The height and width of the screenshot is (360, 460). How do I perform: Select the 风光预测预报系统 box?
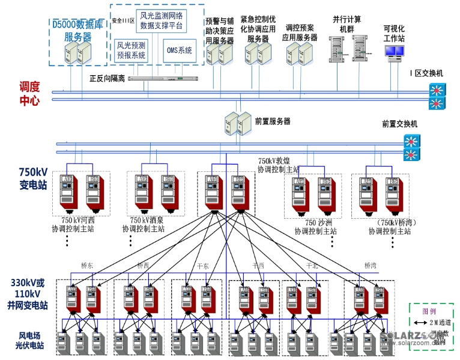(132, 50)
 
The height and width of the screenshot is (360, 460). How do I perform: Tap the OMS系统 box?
(180, 50)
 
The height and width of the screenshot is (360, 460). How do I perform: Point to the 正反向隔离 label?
(107, 78)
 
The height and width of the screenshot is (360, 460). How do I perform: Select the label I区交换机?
(426, 73)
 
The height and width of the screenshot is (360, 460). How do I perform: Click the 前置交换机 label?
(399, 124)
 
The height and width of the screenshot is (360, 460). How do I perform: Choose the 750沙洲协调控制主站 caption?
(315, 227)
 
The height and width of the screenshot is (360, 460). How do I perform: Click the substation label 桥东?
(89, 265)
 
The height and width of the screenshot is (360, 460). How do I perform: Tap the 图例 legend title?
(429, 312)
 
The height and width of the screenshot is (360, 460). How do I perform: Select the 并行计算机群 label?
(347, 24)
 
